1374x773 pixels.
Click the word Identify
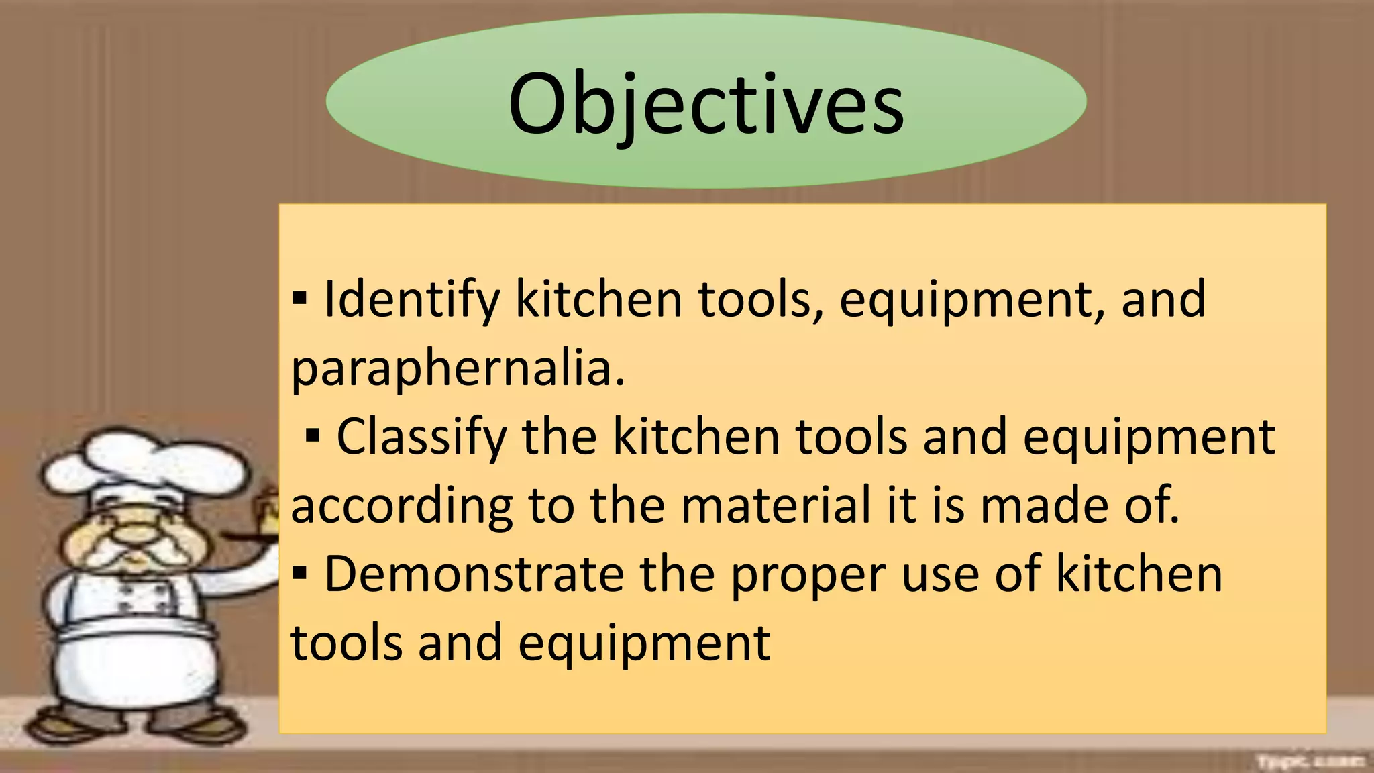point(412,299)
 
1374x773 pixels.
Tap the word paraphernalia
point(458,368)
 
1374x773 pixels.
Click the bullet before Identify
point(300,297)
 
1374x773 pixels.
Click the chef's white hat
point(144,463)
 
